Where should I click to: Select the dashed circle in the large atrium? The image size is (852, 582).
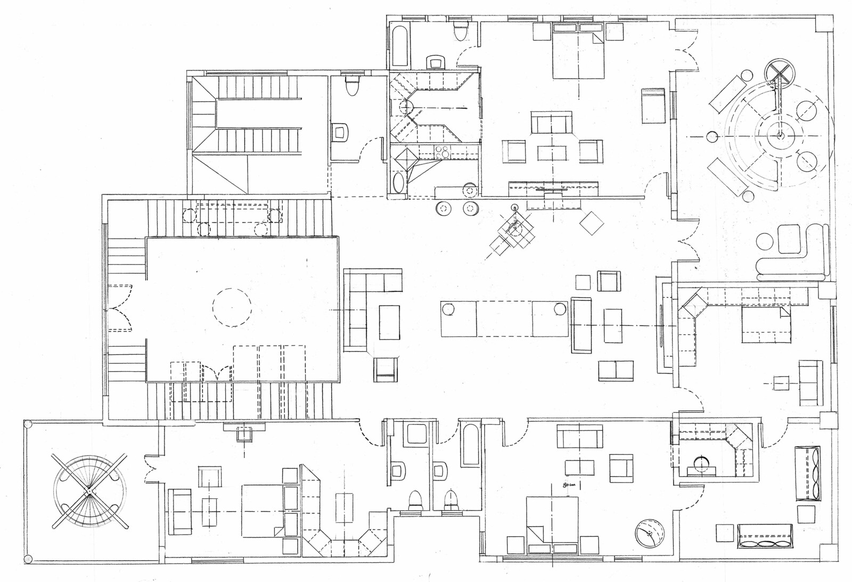coord(232,307)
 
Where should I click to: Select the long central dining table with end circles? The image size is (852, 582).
coord(504,318)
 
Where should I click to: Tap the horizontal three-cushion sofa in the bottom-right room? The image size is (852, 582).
coord(765,536)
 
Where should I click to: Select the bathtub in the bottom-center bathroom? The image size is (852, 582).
coord(471,445)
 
